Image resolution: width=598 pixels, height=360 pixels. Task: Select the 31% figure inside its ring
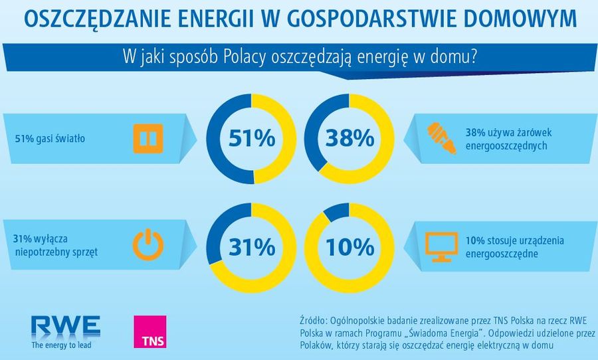click(251, 247)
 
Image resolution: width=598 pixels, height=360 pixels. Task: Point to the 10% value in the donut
click(349, 247)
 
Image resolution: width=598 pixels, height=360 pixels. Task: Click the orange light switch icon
click(148, 139)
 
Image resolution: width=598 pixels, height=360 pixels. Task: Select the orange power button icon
click(148, 244)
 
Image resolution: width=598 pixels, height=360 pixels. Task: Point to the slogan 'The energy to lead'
click(61, 345)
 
